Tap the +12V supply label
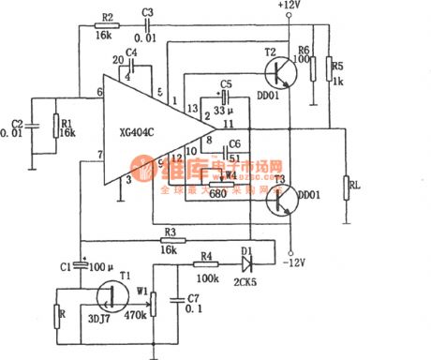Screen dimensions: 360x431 (x=291, y=7)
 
